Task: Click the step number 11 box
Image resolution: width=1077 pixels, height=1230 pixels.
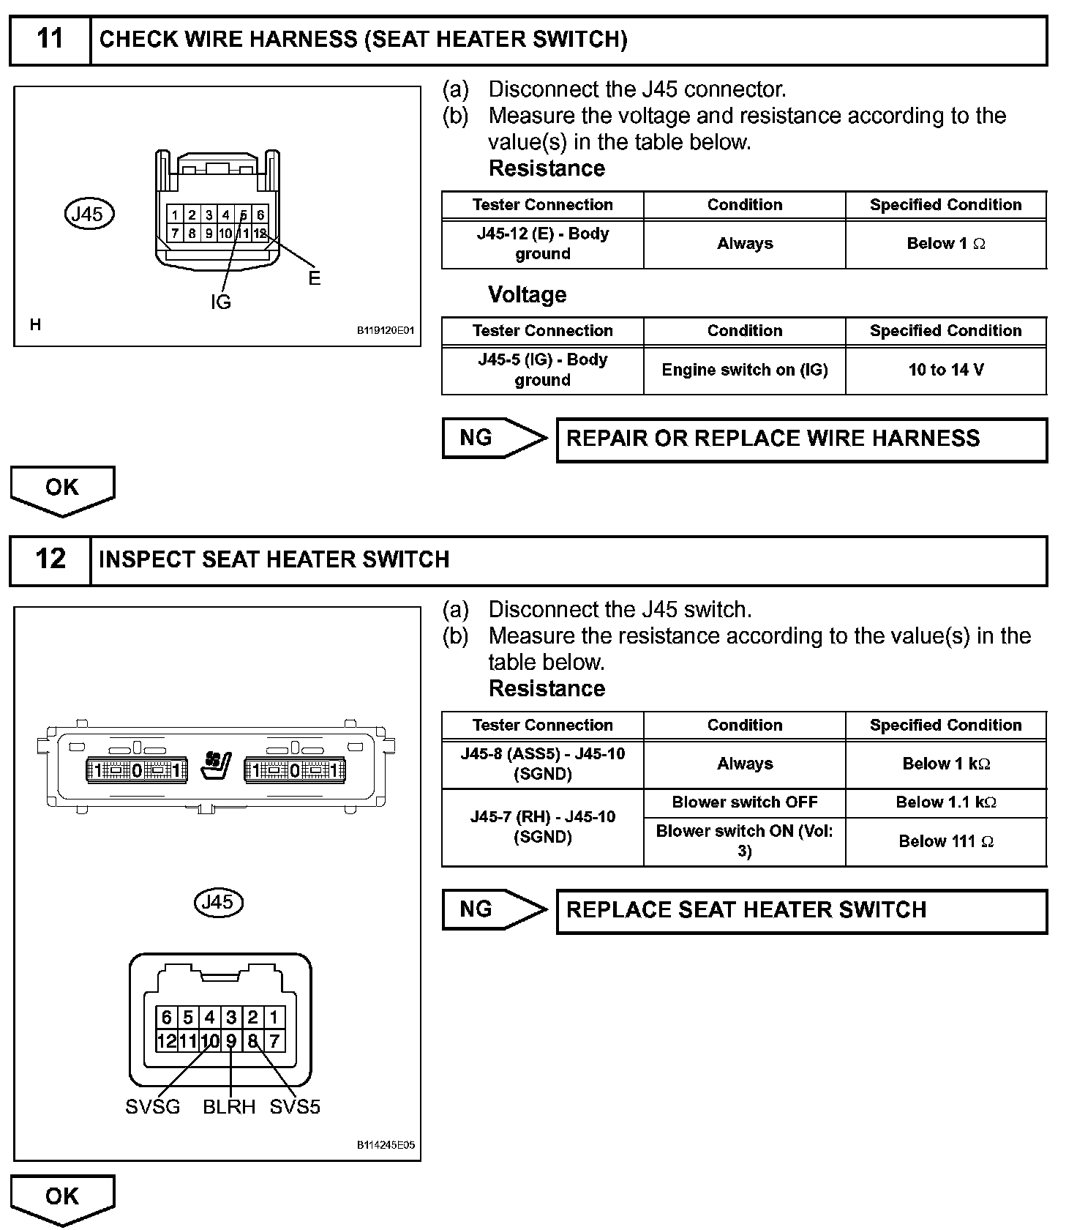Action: pyautogui.click(x=50, y=40)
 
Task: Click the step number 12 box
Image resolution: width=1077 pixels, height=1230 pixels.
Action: pyautogui.click(x=50, y=560)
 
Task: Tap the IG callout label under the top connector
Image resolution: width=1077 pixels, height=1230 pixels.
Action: pyautogui.click(x=220, y=302)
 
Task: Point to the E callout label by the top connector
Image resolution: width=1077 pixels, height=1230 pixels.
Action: pyautogui.click(x=314, y=279)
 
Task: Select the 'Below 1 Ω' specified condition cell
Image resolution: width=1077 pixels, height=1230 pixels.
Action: pyautogui.click(x=945, y=244)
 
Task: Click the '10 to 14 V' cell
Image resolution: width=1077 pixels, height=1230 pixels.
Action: pyautogui.click(x=945, y=370)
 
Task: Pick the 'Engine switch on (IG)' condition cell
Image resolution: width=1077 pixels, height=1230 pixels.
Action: pyautogui.click(x=744, y=370)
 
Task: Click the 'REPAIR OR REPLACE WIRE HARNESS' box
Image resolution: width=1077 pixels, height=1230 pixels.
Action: pyautogui.click(x=801, y=439)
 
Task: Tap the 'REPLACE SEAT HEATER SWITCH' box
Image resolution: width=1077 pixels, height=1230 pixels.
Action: pyautogui.click(x=801, y=911)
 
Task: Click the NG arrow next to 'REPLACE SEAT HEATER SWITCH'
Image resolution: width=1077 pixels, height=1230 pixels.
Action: pyautogui.click(x=494, y=910)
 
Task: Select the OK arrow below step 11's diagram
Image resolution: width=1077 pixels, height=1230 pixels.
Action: pyautogui.click(x=62, y=489)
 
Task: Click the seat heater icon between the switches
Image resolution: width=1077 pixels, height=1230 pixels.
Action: pyautogui.click(x=216, y=769)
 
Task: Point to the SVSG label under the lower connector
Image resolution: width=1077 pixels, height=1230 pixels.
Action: pyautogui.click(x=152, y=1107)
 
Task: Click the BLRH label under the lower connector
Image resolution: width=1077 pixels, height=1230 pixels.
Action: pyautogui.click(x=229, y=1107)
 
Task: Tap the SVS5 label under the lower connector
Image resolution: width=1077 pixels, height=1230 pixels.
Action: pyautogui.click(x=295, y=1107)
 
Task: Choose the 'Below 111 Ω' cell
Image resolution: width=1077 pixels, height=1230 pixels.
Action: pyautogui.click(x=945, y=842)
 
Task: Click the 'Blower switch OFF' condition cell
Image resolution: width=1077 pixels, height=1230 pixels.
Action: pyautogui.click(x=744, y=802)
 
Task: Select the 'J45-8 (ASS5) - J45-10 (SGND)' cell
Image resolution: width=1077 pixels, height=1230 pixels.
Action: pyautogui.click(x=542, y=764)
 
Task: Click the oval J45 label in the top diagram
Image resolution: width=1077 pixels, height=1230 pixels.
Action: pyautogui.click(x=89, y=215)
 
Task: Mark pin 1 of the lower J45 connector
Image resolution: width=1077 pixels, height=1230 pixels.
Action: pyautogui.click(x=274, y=1017)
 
